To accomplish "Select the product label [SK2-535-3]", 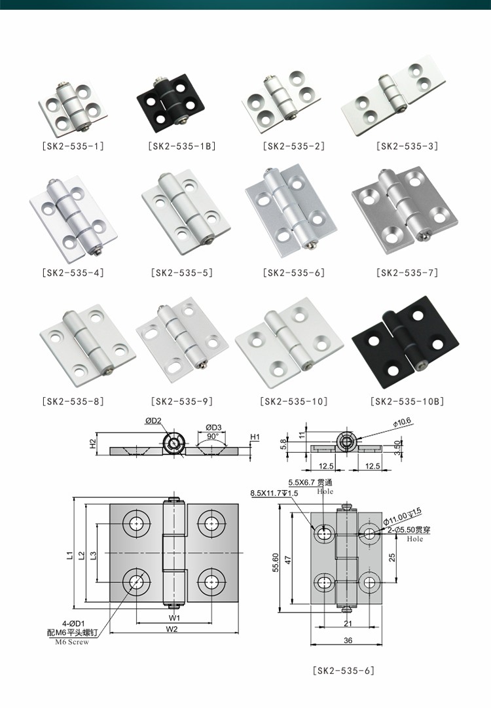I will point(407,147).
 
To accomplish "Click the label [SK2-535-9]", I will point(181,402).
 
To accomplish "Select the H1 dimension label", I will point(255,437).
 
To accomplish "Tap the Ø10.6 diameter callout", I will point(402,423).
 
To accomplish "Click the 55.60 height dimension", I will point(276,561).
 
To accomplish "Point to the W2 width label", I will point(172,629).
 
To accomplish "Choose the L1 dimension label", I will point(69,556).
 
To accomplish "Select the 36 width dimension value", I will point(348,641).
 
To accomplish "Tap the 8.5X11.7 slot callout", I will point(274,493).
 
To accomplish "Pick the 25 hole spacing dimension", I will point(391,557).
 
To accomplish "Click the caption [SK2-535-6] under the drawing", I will point(344,671).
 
